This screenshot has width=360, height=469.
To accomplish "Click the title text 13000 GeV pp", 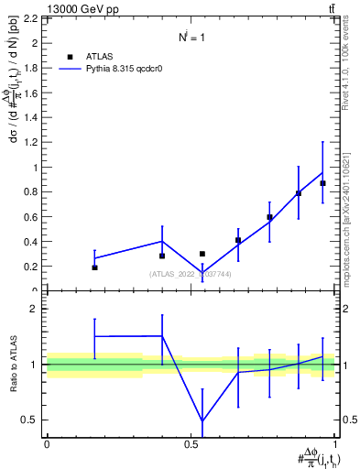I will pyautogui.click(x=41, y=8).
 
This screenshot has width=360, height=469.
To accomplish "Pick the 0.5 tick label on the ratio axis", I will pyautogui.click(x=32, y=420).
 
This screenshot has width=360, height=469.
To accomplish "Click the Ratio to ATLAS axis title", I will pyautogui.click(x=13, y=365).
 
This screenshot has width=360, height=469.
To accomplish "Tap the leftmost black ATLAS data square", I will pyautogui.click(x=95, y=267).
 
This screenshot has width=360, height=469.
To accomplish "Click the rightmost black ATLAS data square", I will pyautogui.click(x=322, y=183).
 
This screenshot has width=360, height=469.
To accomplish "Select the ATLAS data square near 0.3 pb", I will pyautogui.click(x=202, y=254).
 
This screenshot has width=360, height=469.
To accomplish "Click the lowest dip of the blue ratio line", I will pyautogui.click(x=202, y=421).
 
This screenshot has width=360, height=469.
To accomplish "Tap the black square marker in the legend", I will pyautogui.click(x=70, y=55).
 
